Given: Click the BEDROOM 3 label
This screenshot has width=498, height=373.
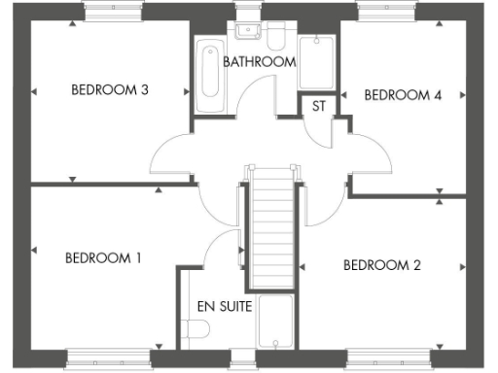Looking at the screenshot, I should pyautogui.click(x=109, y=90).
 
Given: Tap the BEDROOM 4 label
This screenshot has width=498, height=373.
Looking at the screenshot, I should pyautogui.click(x=403, y=95).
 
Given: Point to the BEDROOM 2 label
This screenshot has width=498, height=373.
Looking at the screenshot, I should pyautogui.click(x=381, y=265).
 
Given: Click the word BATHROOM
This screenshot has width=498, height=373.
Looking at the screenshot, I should pyautogui.click(x=259, y=62).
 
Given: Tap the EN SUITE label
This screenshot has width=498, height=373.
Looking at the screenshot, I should pyautogui.click(x=225, y=306).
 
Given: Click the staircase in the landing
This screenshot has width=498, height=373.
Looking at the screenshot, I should pyautogui.click(x=272, y=228).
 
